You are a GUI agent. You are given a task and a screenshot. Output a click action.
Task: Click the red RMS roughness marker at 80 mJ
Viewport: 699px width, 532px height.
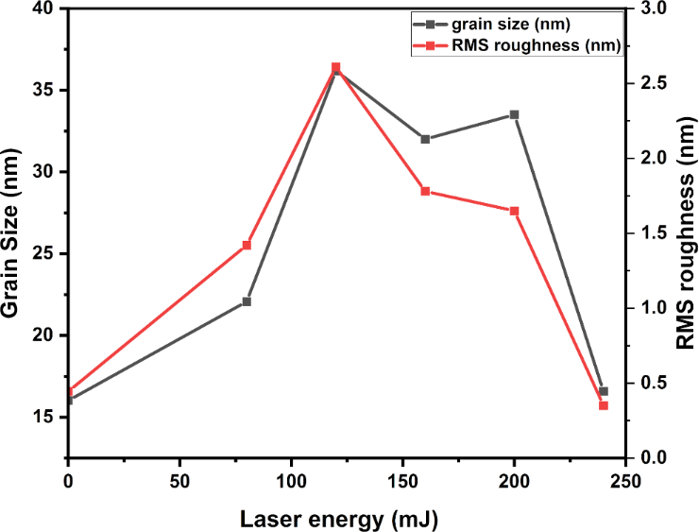[x=247, y=245]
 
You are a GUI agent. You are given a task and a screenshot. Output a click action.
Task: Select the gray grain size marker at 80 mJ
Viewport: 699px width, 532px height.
[x=247, y=301]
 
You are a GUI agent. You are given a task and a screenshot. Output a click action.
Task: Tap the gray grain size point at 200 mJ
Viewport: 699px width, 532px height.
[x=514, y=114]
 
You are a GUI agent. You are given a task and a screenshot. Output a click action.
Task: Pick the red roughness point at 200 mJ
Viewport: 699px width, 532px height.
[x=514, y=211]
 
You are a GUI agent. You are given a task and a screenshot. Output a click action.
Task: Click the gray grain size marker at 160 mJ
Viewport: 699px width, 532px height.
[x=425, y=139]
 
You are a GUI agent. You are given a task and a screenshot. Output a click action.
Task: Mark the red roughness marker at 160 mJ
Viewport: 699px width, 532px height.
[x=425, y=191]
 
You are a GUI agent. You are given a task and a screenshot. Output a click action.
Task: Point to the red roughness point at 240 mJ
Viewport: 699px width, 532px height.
[x=604, y=405]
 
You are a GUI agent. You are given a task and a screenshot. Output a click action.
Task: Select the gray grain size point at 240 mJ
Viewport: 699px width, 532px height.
[x=604, y=391]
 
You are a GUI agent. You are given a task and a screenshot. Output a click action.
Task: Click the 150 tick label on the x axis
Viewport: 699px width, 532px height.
[x=403, y=479]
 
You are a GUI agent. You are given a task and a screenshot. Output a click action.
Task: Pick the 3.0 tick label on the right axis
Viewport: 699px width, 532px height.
[x=654, y=9]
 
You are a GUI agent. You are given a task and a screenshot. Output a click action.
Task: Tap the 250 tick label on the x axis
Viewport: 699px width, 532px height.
[x=626, y=479]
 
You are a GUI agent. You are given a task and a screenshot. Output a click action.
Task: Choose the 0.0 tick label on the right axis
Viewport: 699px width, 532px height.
[x=654, y=457]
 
